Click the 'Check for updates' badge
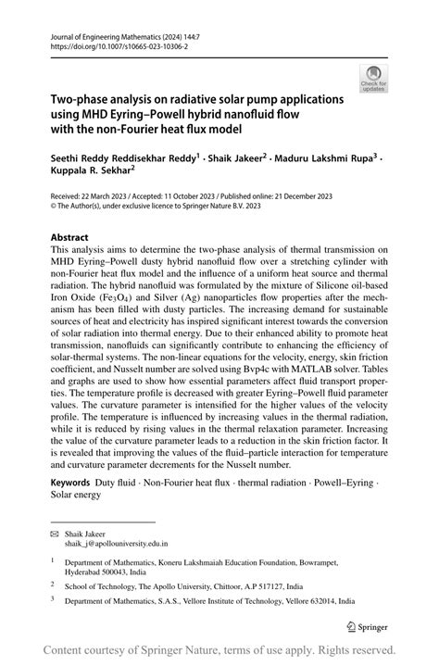pos(373,78)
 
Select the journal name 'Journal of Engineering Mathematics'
pos(102,32)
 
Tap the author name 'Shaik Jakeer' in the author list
pos(233,158)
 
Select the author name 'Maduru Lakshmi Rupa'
pos(323,158)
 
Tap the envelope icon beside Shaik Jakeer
pos(55,534)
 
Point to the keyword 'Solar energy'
pos(77,494)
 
